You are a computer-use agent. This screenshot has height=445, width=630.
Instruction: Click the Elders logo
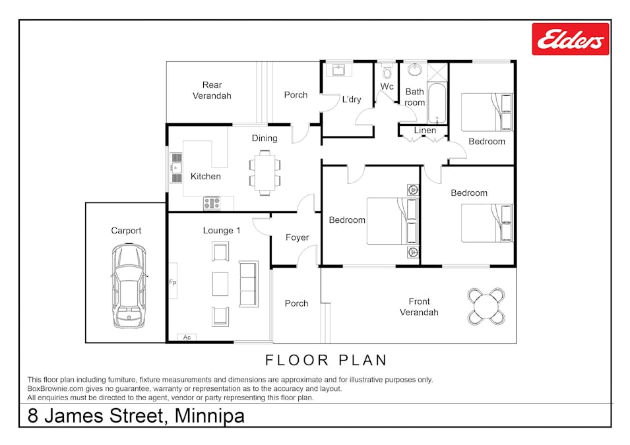tap(570, 39)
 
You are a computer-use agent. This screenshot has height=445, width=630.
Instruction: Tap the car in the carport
tap(129, 286)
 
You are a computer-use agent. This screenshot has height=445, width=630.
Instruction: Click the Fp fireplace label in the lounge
tap(173, 282)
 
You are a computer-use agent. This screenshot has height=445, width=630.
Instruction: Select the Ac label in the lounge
tap(187, 338)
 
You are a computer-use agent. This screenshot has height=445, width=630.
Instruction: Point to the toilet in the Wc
tap(387, 71)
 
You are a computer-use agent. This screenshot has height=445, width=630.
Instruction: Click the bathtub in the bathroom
tap(437, 103)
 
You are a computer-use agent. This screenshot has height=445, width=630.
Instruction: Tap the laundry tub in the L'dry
tap(338, 70)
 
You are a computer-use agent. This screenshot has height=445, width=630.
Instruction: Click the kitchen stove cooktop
tap(212, 203)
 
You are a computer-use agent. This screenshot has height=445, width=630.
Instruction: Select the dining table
tap(265, 173)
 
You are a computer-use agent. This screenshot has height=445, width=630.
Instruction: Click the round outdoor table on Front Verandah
tap(486, 307)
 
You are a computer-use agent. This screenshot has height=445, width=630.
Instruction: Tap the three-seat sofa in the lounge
tap(249, 284)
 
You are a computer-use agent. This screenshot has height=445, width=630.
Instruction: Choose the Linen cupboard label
tap(425, 130)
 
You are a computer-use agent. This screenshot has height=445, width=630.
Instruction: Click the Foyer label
tap(298, 237)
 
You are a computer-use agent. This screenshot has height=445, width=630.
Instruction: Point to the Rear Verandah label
tap(212, 90)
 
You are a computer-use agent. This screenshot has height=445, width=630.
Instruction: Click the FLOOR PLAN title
tap(326, 360)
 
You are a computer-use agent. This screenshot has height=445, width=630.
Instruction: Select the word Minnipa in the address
tap(209, 416)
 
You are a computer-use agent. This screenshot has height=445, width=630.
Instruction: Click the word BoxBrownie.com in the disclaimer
tap(55, 389)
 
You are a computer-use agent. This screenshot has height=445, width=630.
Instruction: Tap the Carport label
tap(126, 231)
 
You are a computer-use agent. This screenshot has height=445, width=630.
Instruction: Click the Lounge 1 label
tap(222, 230)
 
